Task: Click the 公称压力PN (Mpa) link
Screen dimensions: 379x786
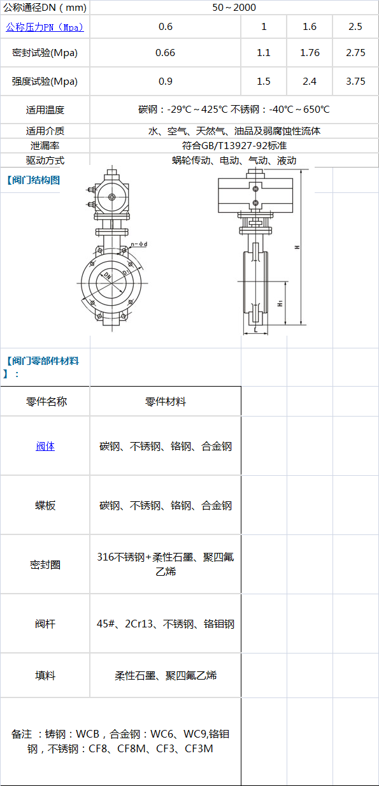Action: pos(45,27)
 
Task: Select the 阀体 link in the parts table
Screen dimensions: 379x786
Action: pos(45,447)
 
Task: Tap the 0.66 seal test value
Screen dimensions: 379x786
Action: pos(165,53)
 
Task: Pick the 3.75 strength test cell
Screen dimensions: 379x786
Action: pos(355,82)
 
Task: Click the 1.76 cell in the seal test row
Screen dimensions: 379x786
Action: pos(310,53)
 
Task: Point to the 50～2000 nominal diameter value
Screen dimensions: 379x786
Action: pos(234,8)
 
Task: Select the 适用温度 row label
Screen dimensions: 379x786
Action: pos(45,110)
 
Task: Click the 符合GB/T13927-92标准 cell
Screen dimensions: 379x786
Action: pos(234,145)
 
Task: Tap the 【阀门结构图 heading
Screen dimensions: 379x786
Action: pos(33,180)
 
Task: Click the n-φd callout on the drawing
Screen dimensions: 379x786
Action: pos(139,244)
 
